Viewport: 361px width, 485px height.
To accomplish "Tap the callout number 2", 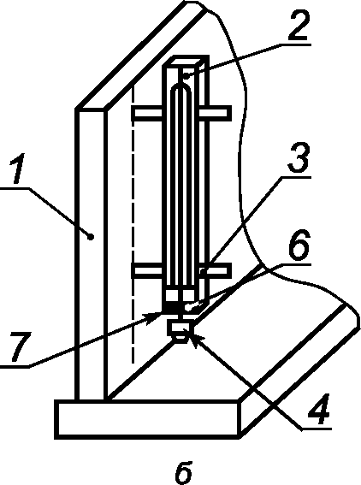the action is coord(299,26).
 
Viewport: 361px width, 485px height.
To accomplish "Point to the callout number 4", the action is coord(318,409).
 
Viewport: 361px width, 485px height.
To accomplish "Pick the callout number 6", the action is coord(299,245).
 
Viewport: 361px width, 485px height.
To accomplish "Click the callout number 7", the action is coord(21,346).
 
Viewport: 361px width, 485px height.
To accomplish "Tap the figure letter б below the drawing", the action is coord(183,472).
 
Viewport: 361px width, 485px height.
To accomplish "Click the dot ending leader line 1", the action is coord(91,237).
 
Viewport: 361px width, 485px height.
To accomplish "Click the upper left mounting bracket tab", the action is coord(148,113).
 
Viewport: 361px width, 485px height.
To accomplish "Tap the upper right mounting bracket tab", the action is coord(215,113).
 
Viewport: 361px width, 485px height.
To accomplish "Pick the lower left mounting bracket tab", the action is coord(148,271).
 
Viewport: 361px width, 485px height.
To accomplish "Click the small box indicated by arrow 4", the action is coord(180,328).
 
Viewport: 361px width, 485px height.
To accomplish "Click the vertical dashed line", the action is coord(133,222).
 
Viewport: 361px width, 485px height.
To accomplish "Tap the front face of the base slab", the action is coord(147,419).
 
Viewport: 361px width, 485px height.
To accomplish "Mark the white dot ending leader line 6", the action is coord(187,307).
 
